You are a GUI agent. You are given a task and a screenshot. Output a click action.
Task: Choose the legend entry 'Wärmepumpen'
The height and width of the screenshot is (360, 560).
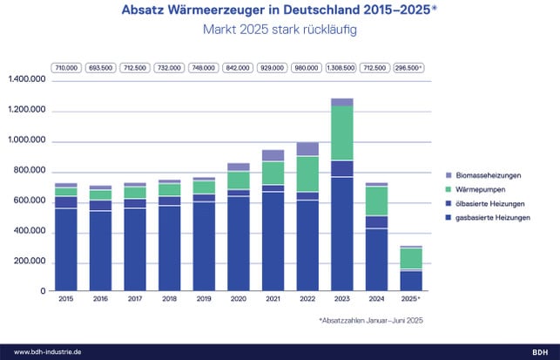coord(477,189)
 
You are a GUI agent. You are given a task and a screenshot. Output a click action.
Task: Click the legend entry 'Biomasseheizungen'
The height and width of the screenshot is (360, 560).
coord(484,175)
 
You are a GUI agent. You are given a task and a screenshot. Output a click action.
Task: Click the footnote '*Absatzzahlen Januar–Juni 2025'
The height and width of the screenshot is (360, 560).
coord(373,321)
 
